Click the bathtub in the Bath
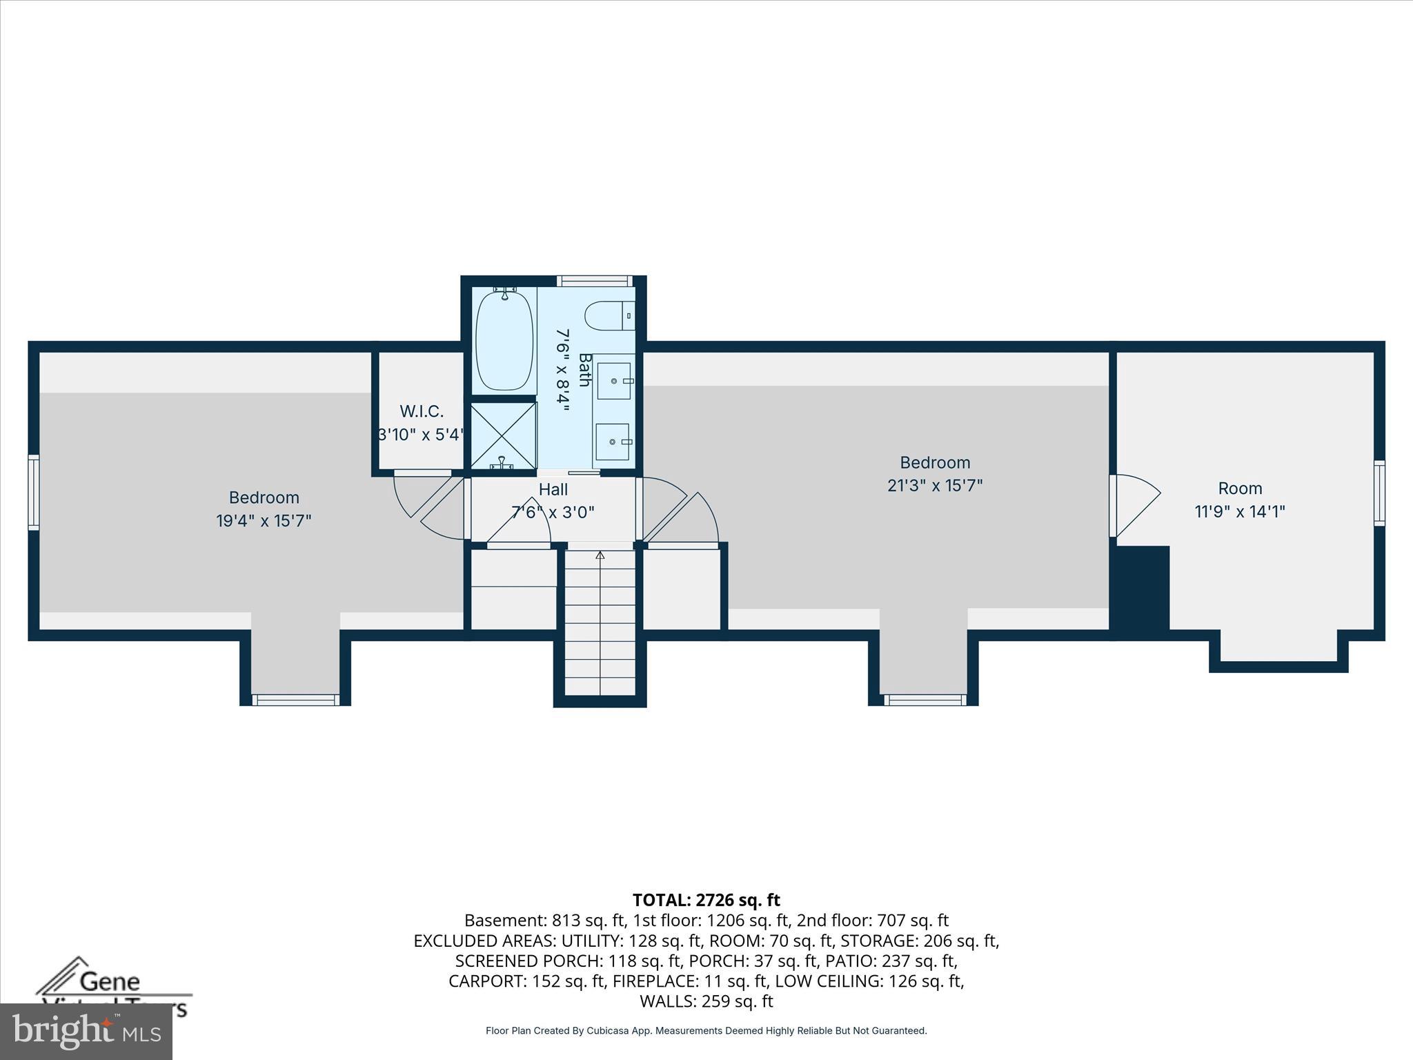(504, 340)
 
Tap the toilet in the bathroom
(609, 316)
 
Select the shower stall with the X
(503, 435)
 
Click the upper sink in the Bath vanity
(613, 381)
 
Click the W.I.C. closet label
(421, 411)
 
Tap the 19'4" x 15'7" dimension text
(264, 520)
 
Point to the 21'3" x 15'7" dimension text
(934, 486)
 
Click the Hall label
(553, 489)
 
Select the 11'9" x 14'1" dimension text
(1240, 511)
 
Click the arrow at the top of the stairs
(600, 555)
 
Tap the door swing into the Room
(1135, 504)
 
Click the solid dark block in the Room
(1142, 587)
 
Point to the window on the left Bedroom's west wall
(33, 492)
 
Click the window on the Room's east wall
(1379, 493)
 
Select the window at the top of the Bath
(594, 281)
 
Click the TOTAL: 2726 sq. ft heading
(706, 900)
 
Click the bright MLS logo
(86, 1032)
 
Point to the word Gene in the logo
(110, 981)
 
